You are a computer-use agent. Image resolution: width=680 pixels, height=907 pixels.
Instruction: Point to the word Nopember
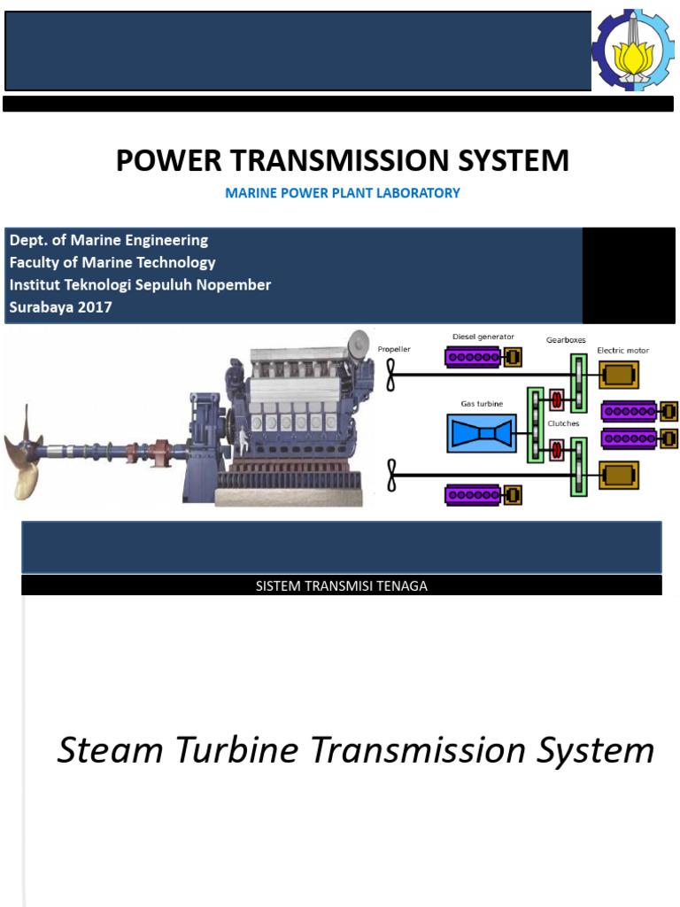point(234,284)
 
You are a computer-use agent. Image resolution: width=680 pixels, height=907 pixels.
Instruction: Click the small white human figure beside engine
point(359,344)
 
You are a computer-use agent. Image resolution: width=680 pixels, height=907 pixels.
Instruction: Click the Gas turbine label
point(482,404)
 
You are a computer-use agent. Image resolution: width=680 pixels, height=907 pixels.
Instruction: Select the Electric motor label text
point(622,351)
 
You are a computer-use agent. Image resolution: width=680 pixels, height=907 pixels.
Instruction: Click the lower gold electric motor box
point(617,476)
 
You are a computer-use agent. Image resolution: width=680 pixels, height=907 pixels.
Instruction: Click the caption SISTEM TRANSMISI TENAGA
point(341,586)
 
